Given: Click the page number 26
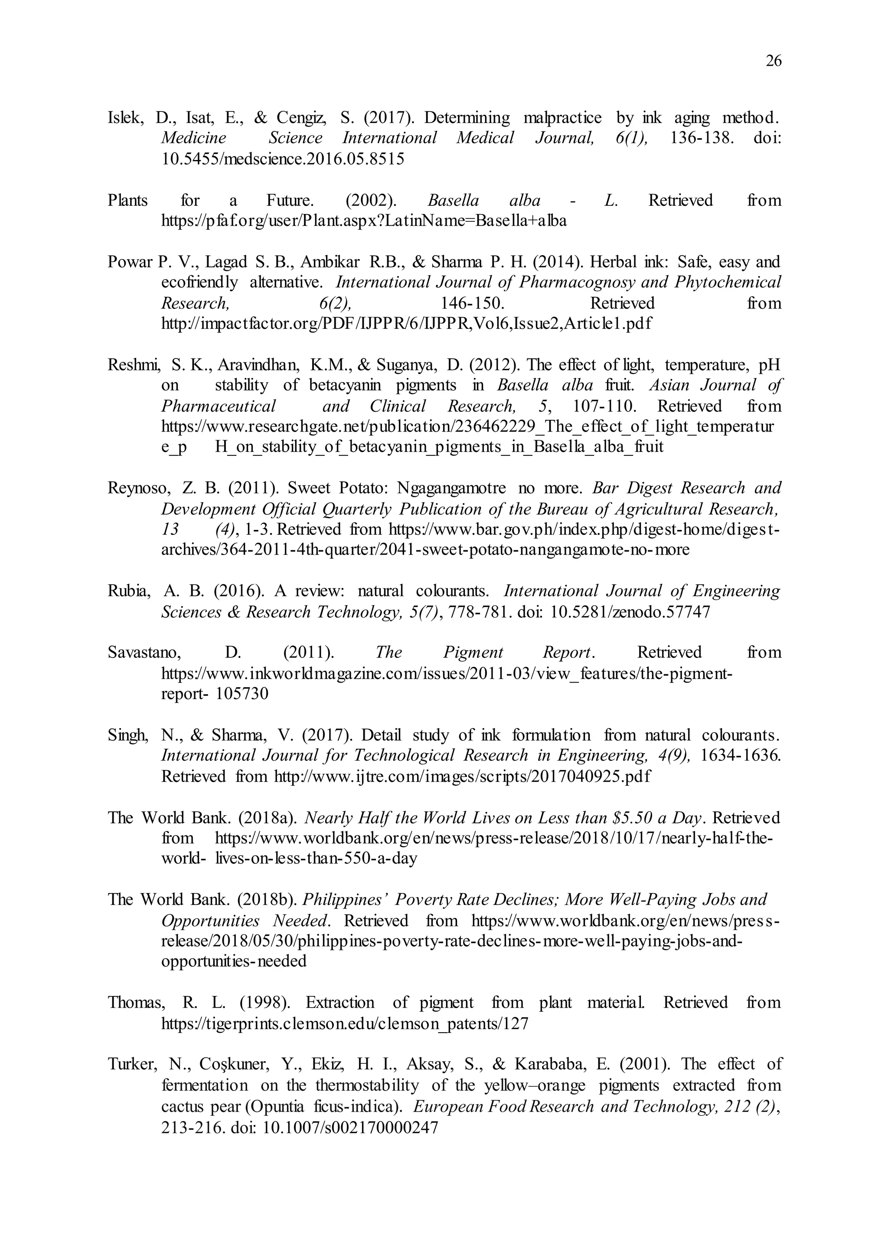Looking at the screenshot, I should (x=773, y=61).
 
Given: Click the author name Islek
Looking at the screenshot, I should (x=125, y=118).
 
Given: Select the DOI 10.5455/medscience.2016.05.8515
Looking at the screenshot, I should (x=283, y=159).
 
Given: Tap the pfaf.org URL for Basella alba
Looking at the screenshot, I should (x=364, y=221).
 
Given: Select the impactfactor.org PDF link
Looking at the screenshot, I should (x=406, y=324).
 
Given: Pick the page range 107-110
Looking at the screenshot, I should (x=604, y=406).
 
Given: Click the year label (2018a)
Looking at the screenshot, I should (x=268, y=818).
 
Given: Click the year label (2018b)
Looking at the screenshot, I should (x=268, y=900).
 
